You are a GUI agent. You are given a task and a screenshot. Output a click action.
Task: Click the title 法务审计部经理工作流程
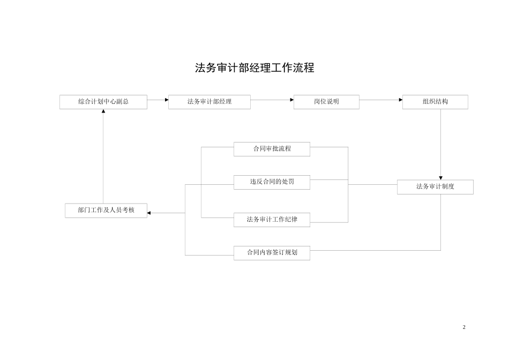[x=254, y=68]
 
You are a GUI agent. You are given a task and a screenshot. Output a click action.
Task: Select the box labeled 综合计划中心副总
[x=103, y=102]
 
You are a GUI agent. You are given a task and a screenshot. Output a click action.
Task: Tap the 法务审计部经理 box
[x=209, y=102]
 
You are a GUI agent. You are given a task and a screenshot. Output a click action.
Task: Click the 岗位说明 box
[x=326, y=102]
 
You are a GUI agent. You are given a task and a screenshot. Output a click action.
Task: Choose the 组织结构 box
[x=435, y=102]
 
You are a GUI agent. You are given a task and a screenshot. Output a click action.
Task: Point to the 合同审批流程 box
[x=272, y=149]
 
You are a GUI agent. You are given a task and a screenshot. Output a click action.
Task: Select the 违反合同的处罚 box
[x=272, y=182]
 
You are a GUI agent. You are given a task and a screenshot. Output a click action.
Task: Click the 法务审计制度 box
[x=435, y=187]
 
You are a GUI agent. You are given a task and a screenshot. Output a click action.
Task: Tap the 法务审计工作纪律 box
[x=272, y=220]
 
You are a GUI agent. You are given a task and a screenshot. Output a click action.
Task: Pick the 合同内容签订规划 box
[x=272, y=253]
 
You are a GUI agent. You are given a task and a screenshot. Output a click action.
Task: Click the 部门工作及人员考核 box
[x=106, y=211]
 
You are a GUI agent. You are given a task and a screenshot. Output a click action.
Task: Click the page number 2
[x=464, y=327]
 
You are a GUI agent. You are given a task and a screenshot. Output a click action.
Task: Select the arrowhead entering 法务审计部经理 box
[x=167, y=100]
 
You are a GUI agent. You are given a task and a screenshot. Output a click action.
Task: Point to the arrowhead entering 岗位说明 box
[x=292, y=100]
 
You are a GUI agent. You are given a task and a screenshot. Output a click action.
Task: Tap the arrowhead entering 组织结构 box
[x=401, y=100]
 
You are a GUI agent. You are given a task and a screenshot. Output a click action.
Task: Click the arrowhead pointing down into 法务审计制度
[x=441, y=178]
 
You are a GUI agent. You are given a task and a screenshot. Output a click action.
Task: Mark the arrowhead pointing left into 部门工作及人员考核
[x=149, y=213]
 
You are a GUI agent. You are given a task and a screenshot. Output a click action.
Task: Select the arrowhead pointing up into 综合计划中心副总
[x=103, y=111]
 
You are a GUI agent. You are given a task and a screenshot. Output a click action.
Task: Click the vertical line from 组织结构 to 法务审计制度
[x=441, y=142]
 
